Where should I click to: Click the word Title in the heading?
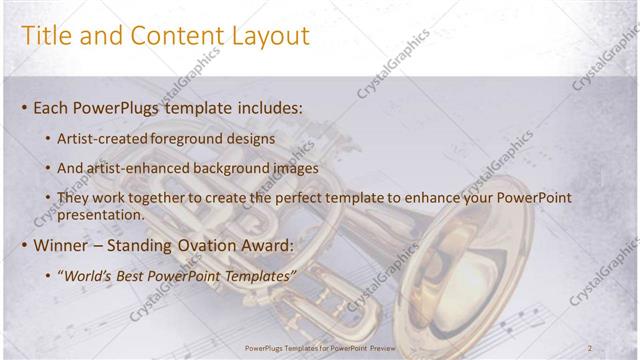(47, 36)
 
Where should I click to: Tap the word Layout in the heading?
(266, 36)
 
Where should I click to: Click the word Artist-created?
(100, 139)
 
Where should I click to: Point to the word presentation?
(101, 214)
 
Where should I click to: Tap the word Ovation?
(215, 244)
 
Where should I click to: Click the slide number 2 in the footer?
(591, 347)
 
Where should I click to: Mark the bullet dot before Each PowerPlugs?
(24, 107)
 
